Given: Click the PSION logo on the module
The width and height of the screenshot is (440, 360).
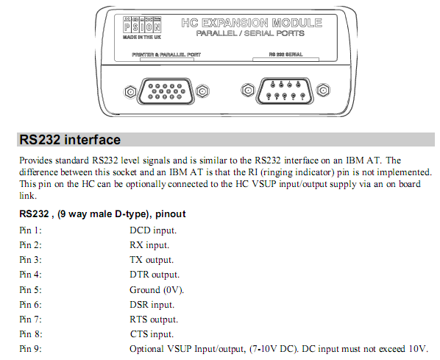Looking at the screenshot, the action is point(142,24).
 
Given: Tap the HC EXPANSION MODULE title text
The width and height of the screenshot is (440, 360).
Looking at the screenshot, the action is point(252,23).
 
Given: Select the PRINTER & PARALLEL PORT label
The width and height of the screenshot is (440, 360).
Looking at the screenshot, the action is point(166,54).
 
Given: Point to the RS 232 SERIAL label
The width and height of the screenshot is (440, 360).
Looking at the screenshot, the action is point(285,54).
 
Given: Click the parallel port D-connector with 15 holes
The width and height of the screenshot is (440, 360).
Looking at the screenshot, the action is point(166,91).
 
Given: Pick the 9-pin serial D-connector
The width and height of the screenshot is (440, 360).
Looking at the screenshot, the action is point(285,91).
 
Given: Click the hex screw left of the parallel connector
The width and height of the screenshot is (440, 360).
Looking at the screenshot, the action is point(130,92).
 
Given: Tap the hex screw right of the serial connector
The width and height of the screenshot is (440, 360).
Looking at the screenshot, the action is point(323,91).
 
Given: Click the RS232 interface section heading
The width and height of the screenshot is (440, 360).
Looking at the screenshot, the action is point(70,140).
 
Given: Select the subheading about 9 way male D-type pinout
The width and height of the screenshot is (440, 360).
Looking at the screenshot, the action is point(102,214).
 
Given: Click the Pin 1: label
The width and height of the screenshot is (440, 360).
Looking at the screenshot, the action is point(30,230).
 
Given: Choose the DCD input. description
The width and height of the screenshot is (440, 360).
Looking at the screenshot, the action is point(153,230).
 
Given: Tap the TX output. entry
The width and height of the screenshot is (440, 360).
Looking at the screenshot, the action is point(152,260).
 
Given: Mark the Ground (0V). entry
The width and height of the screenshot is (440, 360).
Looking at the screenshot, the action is point(157,290).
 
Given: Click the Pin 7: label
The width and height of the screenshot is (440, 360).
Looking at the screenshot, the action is point(30,320).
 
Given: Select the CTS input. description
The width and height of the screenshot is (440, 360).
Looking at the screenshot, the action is point(152,334).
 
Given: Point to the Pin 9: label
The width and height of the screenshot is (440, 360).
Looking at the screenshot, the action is point(30,349).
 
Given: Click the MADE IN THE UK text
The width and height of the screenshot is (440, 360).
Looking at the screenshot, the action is point(142,37).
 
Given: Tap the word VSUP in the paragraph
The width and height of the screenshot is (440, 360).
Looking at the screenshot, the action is point(264,184).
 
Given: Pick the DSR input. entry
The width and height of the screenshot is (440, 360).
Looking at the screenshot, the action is point(152,305).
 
